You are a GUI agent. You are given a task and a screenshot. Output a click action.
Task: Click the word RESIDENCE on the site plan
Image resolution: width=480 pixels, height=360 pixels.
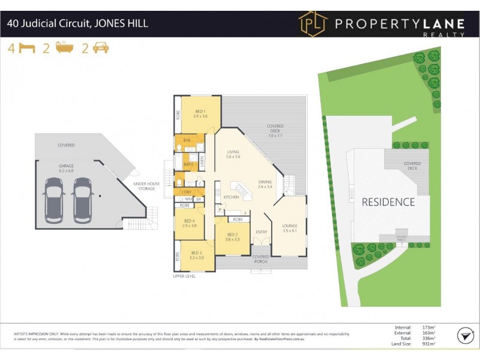[x=388, y=202]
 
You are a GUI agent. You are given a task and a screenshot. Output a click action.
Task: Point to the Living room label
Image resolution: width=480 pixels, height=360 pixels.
[x=233, y=154]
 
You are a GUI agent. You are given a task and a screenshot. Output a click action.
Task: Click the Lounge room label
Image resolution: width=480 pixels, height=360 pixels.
[x=290, y=228]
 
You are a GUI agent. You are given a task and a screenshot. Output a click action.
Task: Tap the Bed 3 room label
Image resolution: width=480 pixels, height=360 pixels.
[x=197, y=255]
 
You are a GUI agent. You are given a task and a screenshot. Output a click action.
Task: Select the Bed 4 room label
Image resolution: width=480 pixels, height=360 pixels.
[x=190, y=223]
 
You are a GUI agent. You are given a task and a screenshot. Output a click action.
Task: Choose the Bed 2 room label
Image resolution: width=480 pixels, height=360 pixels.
[x=232, y=237]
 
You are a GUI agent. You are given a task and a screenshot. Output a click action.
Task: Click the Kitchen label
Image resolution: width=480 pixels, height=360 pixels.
[x=231, y=197]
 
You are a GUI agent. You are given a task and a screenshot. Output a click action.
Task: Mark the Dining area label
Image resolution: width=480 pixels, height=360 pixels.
[x=265, y=184]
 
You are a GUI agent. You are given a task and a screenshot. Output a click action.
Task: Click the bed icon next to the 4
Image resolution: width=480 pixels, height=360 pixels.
[x=26, y=49]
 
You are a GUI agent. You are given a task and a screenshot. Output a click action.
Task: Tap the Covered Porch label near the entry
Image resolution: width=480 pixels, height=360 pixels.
[x=260, y=259]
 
